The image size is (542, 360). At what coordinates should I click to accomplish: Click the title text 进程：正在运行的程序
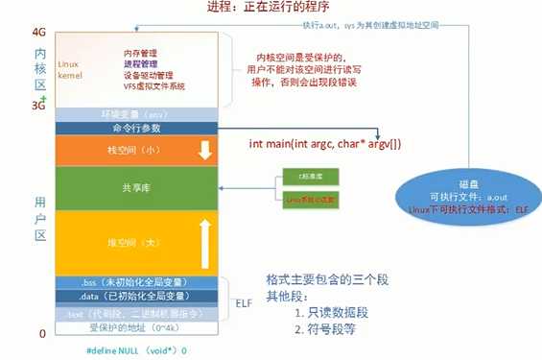tap(271, 9)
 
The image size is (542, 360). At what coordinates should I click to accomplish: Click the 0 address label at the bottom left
tap(41, 332)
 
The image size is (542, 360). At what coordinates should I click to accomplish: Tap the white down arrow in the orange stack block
tap(203, 150)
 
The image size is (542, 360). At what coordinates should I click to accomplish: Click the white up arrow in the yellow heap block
tap(203, 239)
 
